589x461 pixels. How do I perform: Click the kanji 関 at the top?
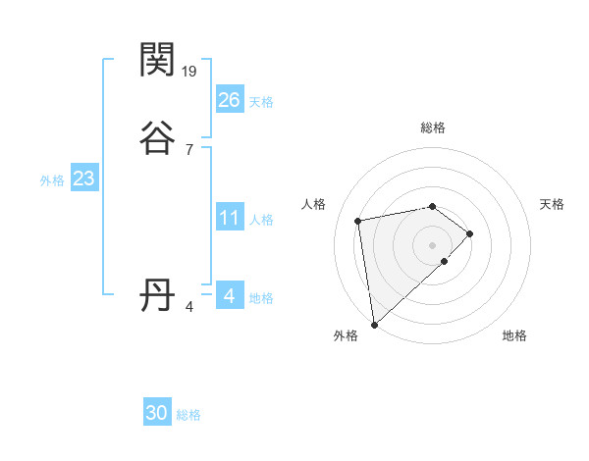pos(158,61)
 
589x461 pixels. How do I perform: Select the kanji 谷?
pos(158,138)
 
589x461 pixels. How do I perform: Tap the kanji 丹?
pos(158,294)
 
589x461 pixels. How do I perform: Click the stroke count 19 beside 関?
pos(190,72)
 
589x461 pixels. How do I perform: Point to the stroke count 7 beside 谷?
pos(188,149)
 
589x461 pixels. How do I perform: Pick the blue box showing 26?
pos(229,99)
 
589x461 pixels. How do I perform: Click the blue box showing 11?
pos(229,218)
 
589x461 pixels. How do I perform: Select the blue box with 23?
pos(83,179)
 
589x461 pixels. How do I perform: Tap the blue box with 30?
pos(157,413)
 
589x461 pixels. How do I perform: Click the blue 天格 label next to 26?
pos(261,101)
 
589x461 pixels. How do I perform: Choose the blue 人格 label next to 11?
pos(261,220)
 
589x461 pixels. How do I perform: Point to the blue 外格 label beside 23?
pos(52,180)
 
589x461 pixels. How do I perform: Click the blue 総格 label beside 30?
pos(188,415)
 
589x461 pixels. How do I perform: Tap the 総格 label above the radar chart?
pos(433,128)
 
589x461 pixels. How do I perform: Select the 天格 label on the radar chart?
pos(553,204)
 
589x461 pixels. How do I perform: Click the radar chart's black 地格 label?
pos(514,335)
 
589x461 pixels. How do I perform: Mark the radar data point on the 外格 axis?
pos(373,324)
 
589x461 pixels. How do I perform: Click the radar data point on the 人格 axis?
pos(358,220)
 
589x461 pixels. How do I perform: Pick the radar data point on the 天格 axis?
pos(470,233)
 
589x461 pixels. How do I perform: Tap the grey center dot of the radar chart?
pos(433,244)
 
